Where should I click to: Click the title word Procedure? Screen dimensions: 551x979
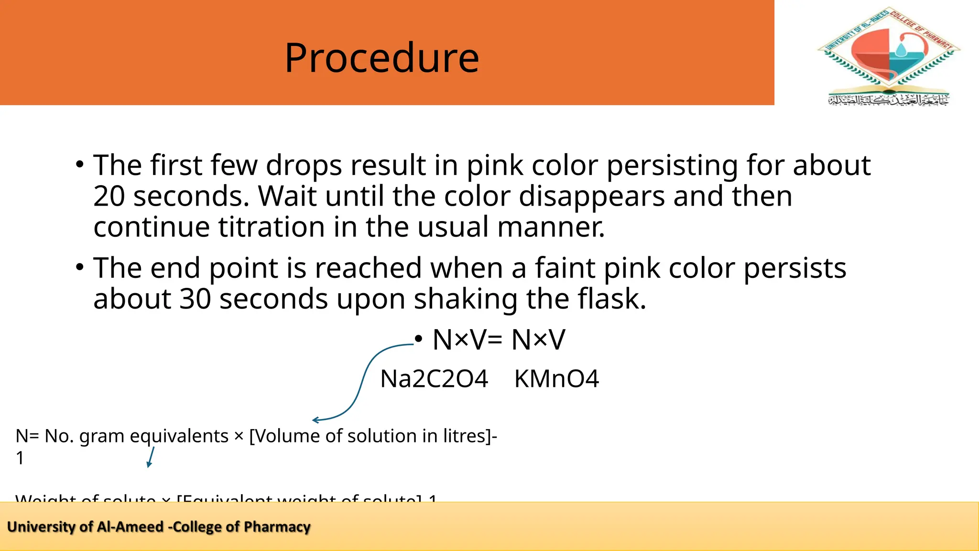pyautogui.click(x=381, y=58)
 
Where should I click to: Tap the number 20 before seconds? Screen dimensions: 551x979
pyautogui.click(x=109, y=196)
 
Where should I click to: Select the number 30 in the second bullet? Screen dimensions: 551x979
pyautogui.click(x=195, y=299)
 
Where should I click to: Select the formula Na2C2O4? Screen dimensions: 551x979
pyautogui.click(x=434, y=379)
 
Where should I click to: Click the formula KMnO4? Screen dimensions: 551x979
pyautogui.click(x=556, y=379)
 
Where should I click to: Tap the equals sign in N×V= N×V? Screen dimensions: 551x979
pyautogui.click(x=495, y=341)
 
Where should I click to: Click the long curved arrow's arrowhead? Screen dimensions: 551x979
pyautogui.click(x=315, y=420)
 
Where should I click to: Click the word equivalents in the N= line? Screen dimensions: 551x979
pyautogui.click(x=179, y=436)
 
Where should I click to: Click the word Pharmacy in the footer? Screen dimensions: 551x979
pyautogui.click(x=277, y=527)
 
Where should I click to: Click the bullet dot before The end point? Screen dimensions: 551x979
pyautogui.click(x=79, y=268)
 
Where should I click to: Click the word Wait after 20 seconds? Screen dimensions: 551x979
pyautogui.click(x=287, y=196)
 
